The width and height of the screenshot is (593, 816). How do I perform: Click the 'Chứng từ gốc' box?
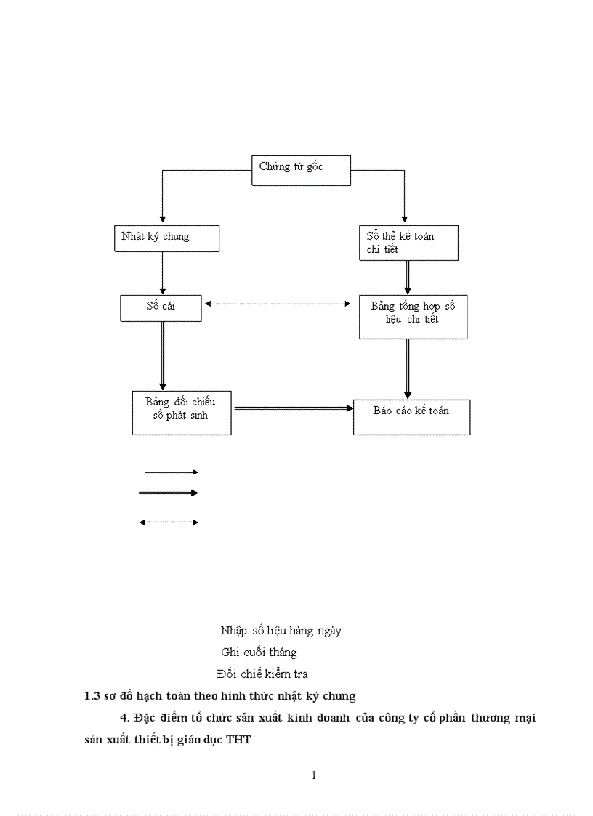pyautogui.click(x=301, y=170)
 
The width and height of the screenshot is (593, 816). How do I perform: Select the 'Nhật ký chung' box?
pyautogui.click(x=166, y=238)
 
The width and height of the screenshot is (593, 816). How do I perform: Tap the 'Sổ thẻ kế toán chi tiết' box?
pyautogui.click(x=408, y=243)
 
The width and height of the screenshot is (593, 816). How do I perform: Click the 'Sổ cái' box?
pyautogui.click(x=161, y=307)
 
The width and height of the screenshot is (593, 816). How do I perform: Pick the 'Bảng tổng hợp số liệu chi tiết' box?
pyautogui.click(x=413, y=316)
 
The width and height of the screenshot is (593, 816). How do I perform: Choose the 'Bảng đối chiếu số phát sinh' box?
pyautogui.click(x=181, y=413)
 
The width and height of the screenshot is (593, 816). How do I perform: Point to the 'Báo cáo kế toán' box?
pyautogui.click(x=411, y=416)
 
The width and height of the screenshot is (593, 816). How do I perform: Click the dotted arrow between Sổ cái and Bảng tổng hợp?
pyautogui.click(x=278, y=304)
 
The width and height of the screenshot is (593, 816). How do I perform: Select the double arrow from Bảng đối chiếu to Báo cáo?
pyautogui.click(x=292, y=409)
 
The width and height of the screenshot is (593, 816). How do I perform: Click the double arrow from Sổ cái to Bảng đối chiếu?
pyautogui.click(x=162, y=355)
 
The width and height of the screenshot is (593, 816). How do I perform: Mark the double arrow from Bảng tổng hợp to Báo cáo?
pyautogui.click(x=408, y=368)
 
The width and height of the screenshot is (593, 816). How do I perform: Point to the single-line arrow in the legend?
pyautogui.click(x=171, y=472)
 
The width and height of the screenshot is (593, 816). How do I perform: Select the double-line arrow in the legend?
pyautogui.click(x=169, y=493)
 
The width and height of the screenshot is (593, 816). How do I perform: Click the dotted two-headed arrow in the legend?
pyautogui.click(x=169, y=522)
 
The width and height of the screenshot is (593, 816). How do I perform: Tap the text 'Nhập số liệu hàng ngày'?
pyautogui.click(x=281, y=631)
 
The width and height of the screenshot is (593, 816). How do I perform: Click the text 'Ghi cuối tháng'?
pyautogui.click(x=259, y=653)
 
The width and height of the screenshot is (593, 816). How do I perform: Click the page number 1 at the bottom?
pyautogui.click(x=314, y=775)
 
